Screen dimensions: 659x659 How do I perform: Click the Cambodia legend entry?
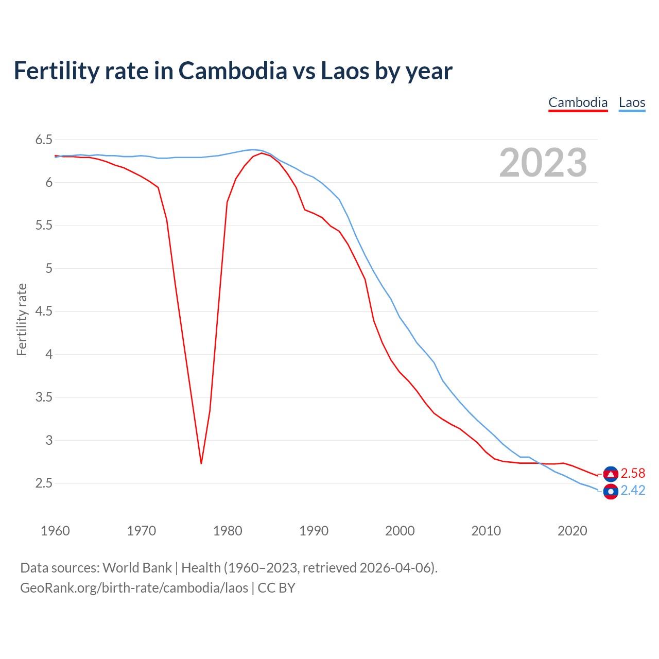point(578,102)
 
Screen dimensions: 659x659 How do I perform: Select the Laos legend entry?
point(632,102)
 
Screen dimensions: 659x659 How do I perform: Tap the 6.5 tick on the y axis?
point(44,140)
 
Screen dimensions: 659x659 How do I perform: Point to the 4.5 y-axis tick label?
point(44,311)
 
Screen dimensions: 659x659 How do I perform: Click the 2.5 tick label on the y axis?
point(44,483)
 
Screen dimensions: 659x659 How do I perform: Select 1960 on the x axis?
point(55,531)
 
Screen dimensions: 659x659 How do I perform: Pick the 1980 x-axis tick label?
point(228,531)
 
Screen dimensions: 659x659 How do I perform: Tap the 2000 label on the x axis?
point(400,531)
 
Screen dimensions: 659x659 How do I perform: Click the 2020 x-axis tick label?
point(572,531)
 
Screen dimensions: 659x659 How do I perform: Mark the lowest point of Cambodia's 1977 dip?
point(201,463)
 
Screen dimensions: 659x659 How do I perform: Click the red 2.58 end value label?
point(633,474)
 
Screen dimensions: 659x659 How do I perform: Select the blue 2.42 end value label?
point(633,491)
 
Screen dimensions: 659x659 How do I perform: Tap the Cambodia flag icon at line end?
point(611,474)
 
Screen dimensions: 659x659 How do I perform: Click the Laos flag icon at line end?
point(611,492)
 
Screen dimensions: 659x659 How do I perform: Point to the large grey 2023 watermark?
point(543,163)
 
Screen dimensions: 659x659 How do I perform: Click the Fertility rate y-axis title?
point(22,319)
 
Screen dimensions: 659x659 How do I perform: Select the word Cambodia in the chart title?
point(233,71)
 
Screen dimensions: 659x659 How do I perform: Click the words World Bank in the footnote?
point(137,568)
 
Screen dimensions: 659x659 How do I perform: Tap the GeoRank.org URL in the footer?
point(134,588)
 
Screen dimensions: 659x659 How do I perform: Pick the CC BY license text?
point(276,588)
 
